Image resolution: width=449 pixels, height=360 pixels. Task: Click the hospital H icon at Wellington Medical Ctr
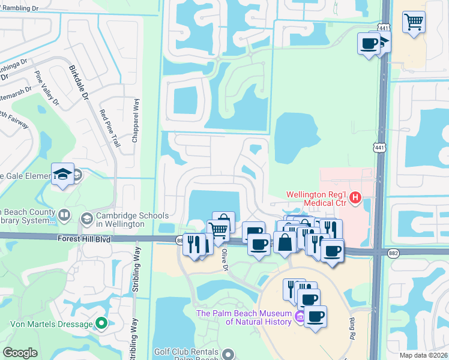click(355, 196)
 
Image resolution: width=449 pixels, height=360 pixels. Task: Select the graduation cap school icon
click(62, 174)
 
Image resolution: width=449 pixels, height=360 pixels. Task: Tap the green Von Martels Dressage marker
click(101, 324)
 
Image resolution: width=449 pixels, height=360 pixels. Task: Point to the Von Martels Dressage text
click(51, 325)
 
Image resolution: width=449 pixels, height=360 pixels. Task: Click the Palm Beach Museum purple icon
click(299, 316)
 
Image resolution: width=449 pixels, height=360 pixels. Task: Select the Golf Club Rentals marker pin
click(228, 355)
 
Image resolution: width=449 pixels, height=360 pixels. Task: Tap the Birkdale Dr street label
click(79, 83)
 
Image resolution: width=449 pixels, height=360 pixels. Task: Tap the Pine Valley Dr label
click(47, 88)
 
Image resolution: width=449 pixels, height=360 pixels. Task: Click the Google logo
click(20, 353)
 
